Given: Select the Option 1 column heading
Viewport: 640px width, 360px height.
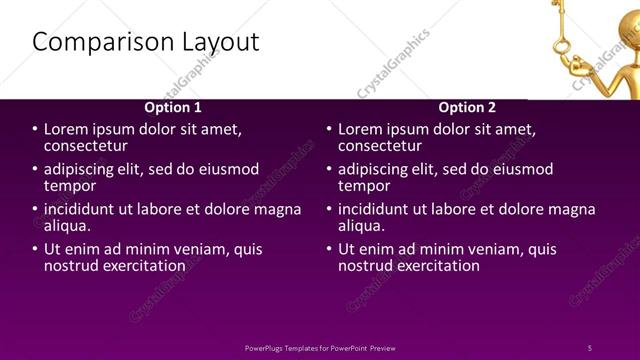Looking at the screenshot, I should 173,107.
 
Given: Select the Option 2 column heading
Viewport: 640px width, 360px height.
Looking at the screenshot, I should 467,107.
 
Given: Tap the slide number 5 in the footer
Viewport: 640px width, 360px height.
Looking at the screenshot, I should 590,348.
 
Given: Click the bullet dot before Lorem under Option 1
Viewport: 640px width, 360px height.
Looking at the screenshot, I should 34,130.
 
